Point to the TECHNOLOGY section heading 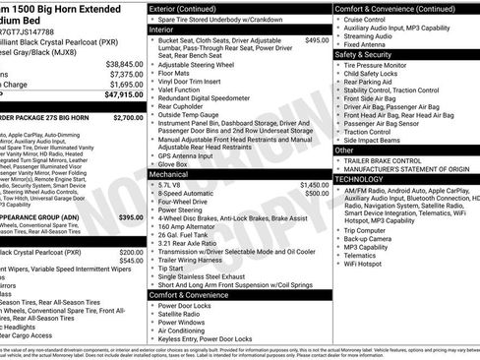(359, 180)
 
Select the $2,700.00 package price (129, 117)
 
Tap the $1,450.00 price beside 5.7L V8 (314, 184)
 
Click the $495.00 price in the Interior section (317, 40)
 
